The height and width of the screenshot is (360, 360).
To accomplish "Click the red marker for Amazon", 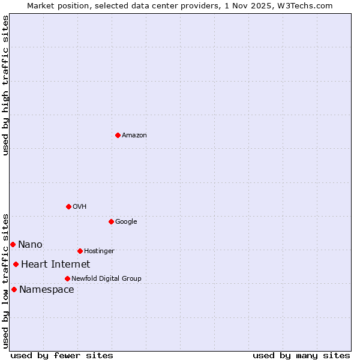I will (118, 135).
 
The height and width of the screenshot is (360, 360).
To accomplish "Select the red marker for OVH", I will (68, 206).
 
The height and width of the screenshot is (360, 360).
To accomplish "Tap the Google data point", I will (111, 221).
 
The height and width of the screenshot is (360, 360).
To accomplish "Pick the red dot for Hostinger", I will (80, 251).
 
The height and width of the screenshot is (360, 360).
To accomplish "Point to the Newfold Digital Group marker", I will (67, 278).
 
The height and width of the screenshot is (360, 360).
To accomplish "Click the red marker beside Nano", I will (13, 244).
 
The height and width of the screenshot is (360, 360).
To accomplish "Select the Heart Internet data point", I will (16, 264).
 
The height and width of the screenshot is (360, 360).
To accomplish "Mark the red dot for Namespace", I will (14, 289).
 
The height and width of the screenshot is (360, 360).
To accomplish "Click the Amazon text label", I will (134, 136).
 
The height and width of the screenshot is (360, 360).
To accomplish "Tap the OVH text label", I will (80, 207).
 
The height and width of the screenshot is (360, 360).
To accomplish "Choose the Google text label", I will (126, 222).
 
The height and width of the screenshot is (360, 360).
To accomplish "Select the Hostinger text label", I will (99, 251).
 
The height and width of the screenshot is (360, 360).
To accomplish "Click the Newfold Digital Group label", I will (106, 279).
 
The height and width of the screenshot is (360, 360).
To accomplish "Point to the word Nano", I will (30, 245).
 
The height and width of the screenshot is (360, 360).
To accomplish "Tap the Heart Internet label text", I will (55, 265).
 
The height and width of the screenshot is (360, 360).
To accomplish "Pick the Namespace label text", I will (46, 290).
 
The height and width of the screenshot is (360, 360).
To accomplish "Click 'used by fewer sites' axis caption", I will (62, 355).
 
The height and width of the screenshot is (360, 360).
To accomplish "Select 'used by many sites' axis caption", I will (301, 355).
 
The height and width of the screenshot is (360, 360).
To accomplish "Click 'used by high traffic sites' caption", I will (5, 85).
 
